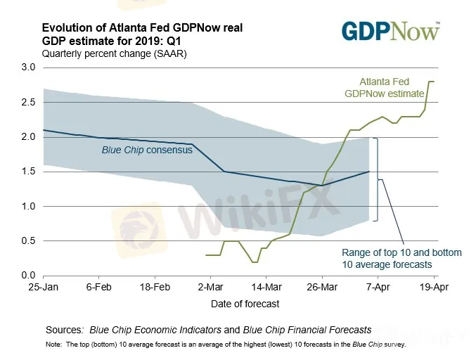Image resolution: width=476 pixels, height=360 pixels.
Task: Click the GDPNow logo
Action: coord(391,32)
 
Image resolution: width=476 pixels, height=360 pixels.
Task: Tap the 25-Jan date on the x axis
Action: coord(43,288)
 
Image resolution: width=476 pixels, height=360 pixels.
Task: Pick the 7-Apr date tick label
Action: coord(378,288)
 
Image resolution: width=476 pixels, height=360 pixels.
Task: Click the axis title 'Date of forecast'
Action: coord(245,304)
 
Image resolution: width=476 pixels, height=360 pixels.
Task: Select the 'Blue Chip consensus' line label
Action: coord(148,150)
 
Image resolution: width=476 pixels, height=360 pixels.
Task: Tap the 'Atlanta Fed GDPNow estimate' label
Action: coord(392,87)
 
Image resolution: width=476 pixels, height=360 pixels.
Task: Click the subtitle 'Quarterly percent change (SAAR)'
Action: coord(114,53)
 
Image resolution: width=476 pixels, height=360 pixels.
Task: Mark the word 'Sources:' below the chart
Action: coord(64,329)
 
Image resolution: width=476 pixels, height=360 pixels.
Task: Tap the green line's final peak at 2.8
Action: coord(432,82)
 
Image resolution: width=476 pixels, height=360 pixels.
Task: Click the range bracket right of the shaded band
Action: coord(377,179)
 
